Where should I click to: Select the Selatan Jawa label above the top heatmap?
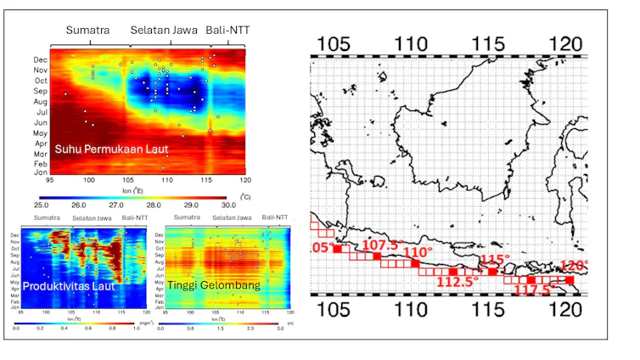pos(164,31)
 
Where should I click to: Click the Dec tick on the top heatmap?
pos(40,60)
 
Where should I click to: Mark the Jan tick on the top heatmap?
pos(40,172)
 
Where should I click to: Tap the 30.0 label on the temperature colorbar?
pos(228,205)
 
